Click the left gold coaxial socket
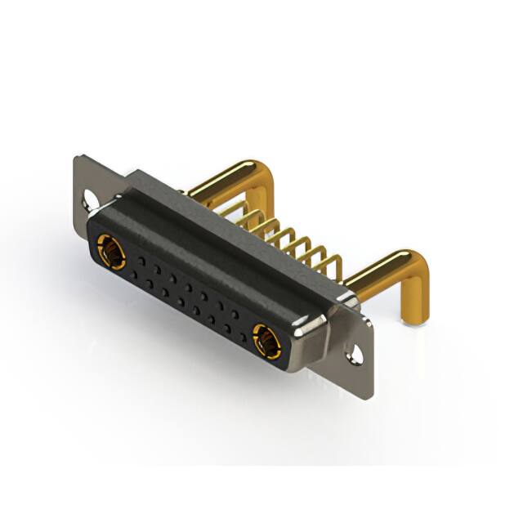tap(111, 251)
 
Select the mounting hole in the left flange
tap(88, 197)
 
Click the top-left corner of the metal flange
tap(76, 157)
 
